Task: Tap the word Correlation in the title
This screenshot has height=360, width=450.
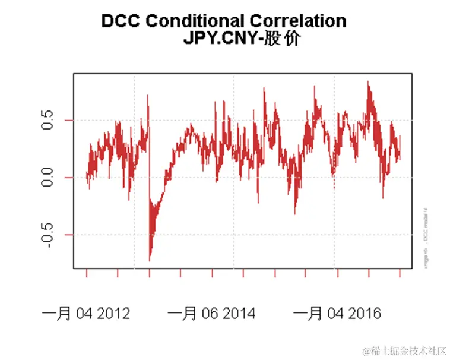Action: coord(297,21)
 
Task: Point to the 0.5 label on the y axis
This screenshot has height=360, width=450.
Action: coord(47,121)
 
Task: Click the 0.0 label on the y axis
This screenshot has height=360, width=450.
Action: coord(47,177)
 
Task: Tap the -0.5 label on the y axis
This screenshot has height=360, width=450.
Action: coord(47,235)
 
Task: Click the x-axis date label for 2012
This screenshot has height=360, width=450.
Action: coord(86,313)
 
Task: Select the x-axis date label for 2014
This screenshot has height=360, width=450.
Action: coord(211,313)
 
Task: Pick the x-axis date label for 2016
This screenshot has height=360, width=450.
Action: coord(337,313)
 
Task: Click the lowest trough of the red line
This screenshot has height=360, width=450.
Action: coord(150,260)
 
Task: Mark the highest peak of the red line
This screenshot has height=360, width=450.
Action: coord(368,81)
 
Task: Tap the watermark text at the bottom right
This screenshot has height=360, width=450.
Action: coord(405,351)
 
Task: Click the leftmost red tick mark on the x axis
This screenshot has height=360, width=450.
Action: coord(87,273)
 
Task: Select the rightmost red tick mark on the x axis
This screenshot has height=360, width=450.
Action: coord(400,273)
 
